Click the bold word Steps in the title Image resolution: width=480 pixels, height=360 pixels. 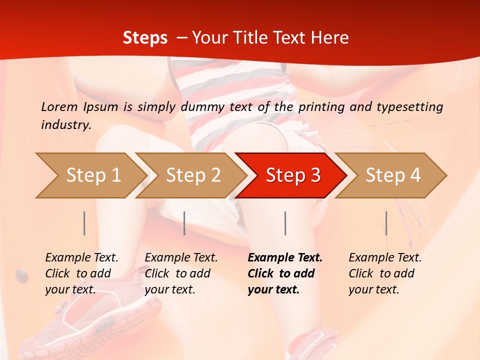tap(145, 38)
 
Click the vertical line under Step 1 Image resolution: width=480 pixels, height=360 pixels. tap(84, 223)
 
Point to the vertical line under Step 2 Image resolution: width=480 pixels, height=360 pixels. tap(184, 223)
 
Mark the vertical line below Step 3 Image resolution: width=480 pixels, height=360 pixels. tap(285, 223)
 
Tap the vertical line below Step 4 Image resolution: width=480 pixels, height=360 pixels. tap(386, 223)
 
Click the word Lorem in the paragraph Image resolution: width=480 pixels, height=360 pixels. tap(59, 106)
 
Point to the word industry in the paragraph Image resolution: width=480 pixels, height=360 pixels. tap(66, 125)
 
